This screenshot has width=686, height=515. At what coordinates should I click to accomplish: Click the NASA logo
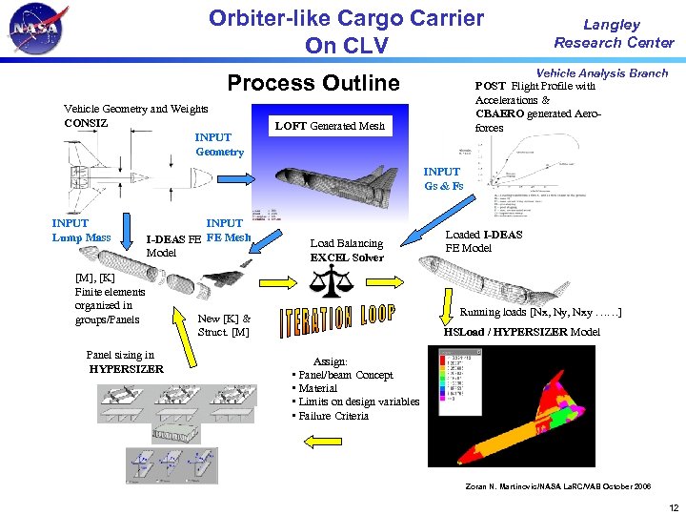tap(36, 30)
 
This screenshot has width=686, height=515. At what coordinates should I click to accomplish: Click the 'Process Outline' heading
tap(313, 83)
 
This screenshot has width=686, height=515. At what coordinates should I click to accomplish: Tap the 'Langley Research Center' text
tap(614, 33)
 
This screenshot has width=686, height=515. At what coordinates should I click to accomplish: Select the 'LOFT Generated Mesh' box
tap(330, 126)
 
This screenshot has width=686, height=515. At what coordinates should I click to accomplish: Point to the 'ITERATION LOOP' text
tap(337, 321)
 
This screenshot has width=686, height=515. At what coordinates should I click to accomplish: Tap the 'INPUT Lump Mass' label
tap(81, 231)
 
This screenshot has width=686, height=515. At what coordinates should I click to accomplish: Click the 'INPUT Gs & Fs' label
tap(443, 178)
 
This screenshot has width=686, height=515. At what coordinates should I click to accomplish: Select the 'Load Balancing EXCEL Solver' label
tap(347, 250)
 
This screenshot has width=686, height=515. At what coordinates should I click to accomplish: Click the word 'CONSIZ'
tap(86, 123)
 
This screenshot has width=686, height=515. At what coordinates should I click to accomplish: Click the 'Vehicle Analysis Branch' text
tap(602, 73)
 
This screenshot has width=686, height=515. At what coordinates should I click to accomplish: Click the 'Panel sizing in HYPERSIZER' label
tap(125, 362)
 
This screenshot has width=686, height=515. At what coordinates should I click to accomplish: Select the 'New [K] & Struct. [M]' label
tap(224, 325)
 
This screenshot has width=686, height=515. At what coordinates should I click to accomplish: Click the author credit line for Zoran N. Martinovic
tap(557, 486)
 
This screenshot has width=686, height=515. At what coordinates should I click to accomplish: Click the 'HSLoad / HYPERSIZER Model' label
tap(522, 332)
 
